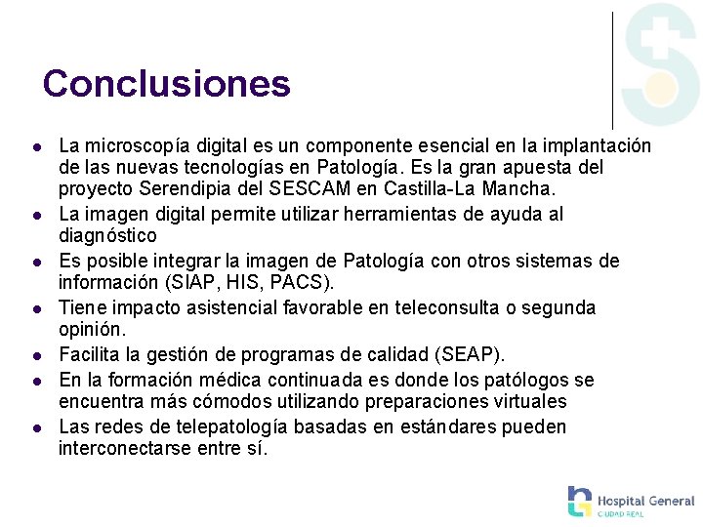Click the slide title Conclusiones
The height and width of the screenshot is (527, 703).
167,84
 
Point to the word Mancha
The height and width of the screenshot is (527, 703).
520,189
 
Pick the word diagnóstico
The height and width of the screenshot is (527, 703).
107,236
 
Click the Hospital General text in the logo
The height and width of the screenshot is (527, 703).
645,500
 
